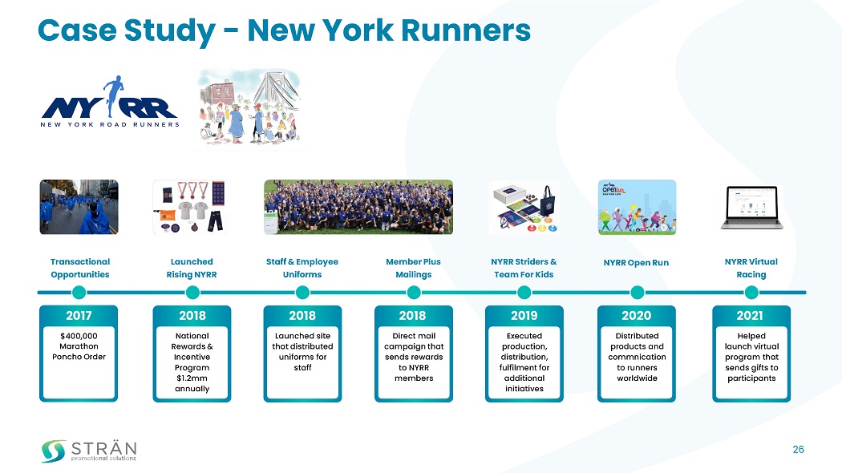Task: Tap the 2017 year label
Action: pyautogui.click(x=79, y=315)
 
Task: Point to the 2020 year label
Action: pyautogui.click(x=637, y=315)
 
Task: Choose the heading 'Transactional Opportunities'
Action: pyautogui.click(x=79, y=268)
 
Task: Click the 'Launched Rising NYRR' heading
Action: pyautogui.click(x=192, y=268)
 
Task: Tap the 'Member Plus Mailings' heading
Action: pyautogui.click(x=413, y=268)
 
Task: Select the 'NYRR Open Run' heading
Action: pyautogui.click(x=637, y=262)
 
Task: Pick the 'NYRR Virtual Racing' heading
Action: pyautogui.click(x=751, y=268)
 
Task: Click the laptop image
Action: pyautogui.click(x=751, y=208)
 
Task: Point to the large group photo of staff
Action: pyautogui.click(x=358, y=207)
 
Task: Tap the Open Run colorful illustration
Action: pyautogui.click(x=637, y=207)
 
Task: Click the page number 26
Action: pyautogui.click(x=798, y=449)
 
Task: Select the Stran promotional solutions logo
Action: pyautogui.click(x=89, y=451)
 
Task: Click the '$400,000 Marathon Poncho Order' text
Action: pyautogui.click(x=79, y=346)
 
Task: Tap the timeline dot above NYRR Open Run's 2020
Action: pyautogui.click(x=638, y=292)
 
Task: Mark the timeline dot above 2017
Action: pyautogui.click(x=79, y=292)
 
